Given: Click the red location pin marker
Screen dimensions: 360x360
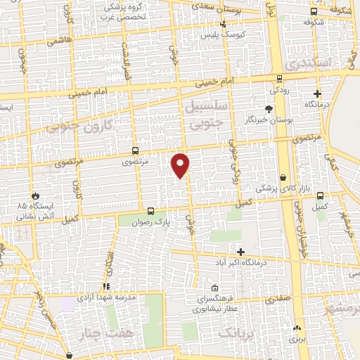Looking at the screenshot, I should click(x=181, y=165).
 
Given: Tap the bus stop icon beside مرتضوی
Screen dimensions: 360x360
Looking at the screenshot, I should click(x=135, y=150).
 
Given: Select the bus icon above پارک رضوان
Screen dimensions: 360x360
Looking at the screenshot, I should click(x=150, y=210).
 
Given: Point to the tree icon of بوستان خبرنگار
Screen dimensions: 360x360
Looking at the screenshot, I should click(x=268, y=108).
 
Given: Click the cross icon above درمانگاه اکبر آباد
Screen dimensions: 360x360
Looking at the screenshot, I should click(x=241, y=251).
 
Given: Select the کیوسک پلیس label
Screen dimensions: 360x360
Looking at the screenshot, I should click(x=219, y=34).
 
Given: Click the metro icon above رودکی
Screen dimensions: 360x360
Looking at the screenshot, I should click(x=279, y=79).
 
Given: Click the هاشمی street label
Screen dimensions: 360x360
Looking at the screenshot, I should click(x=60, y=42).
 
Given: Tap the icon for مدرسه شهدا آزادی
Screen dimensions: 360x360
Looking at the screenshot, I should click(x=106, y=287).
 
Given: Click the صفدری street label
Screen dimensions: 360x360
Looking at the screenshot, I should click(x=277, y=299).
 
